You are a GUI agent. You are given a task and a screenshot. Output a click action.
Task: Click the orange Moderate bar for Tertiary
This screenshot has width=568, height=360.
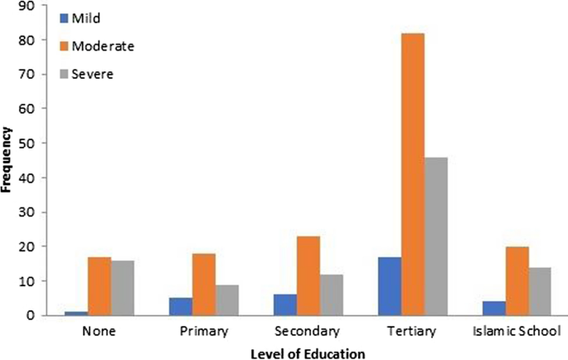pos(412,174)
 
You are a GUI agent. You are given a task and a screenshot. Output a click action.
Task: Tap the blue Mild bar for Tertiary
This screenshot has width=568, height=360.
pos(389,286)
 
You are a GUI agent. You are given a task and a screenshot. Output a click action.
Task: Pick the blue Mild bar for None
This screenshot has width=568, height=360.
pos(76,313)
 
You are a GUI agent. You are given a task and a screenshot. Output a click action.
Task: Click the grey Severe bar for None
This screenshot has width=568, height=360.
pos(123,288)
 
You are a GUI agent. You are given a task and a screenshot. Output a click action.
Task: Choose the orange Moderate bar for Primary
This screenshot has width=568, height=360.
pos(204,285)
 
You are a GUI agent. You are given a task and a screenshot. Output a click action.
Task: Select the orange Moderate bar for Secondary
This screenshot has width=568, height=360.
pos(308,276)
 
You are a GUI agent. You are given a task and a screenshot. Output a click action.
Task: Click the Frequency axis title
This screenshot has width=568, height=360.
pos(7,159)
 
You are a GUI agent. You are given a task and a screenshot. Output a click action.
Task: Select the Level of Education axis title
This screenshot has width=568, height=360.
pos(308,354)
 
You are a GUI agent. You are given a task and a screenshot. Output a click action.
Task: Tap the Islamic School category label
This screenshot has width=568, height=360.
pos(516,332)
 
